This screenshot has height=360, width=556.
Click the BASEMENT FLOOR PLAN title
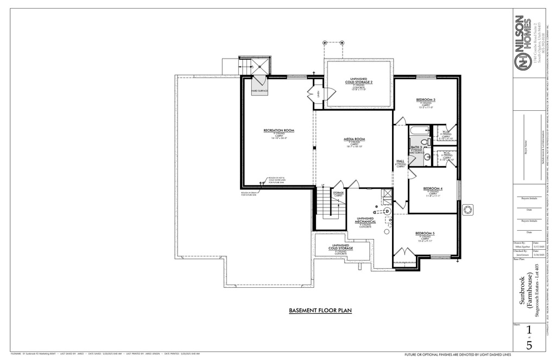point(320,311)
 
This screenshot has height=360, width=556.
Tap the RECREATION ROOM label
point(279,131)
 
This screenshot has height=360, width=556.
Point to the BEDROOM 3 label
point(426,100)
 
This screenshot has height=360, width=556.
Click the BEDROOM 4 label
point(433,188)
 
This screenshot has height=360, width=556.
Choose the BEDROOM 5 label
point(426,233)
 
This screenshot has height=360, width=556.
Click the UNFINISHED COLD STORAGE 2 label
point(359,81)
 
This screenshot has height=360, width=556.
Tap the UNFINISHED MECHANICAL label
point(365,220)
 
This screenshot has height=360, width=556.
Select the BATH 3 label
point(416,147)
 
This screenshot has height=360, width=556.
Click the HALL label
point(401,161)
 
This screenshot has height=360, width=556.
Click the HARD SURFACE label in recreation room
point(259,91)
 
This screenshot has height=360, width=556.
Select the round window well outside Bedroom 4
point(467,209)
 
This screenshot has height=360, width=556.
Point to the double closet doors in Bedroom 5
point(402,253)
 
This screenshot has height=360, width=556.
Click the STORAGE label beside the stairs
point(338,193)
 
